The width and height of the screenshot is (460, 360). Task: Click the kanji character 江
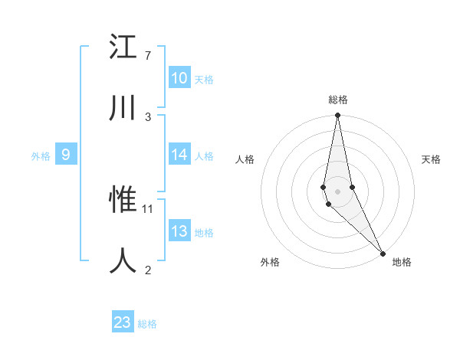coord(124,47)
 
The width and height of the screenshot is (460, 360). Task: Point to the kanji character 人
coord(124,260)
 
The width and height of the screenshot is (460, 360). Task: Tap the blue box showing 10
coord(179,78)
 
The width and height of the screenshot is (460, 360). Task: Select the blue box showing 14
coord(179,155)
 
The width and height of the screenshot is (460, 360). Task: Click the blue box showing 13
coord(179,231)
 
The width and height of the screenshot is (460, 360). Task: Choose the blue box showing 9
coord(66,155)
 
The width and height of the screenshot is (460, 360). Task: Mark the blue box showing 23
coord(123,322)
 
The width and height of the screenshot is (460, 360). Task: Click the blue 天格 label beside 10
coord(204,80)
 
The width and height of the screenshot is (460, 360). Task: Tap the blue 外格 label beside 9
coord(41,156)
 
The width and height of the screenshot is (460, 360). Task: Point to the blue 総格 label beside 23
coord(147,324)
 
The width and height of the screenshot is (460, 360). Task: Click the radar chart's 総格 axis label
coord(338,100)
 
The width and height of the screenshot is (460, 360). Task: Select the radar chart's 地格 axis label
coord(402,262)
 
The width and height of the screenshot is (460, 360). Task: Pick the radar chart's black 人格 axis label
coord(245,159)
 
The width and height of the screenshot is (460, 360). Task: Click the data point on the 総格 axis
coord(337,116)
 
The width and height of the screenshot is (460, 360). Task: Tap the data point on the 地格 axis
coord(383,252)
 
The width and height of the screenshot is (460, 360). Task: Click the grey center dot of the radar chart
coord(337,191)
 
